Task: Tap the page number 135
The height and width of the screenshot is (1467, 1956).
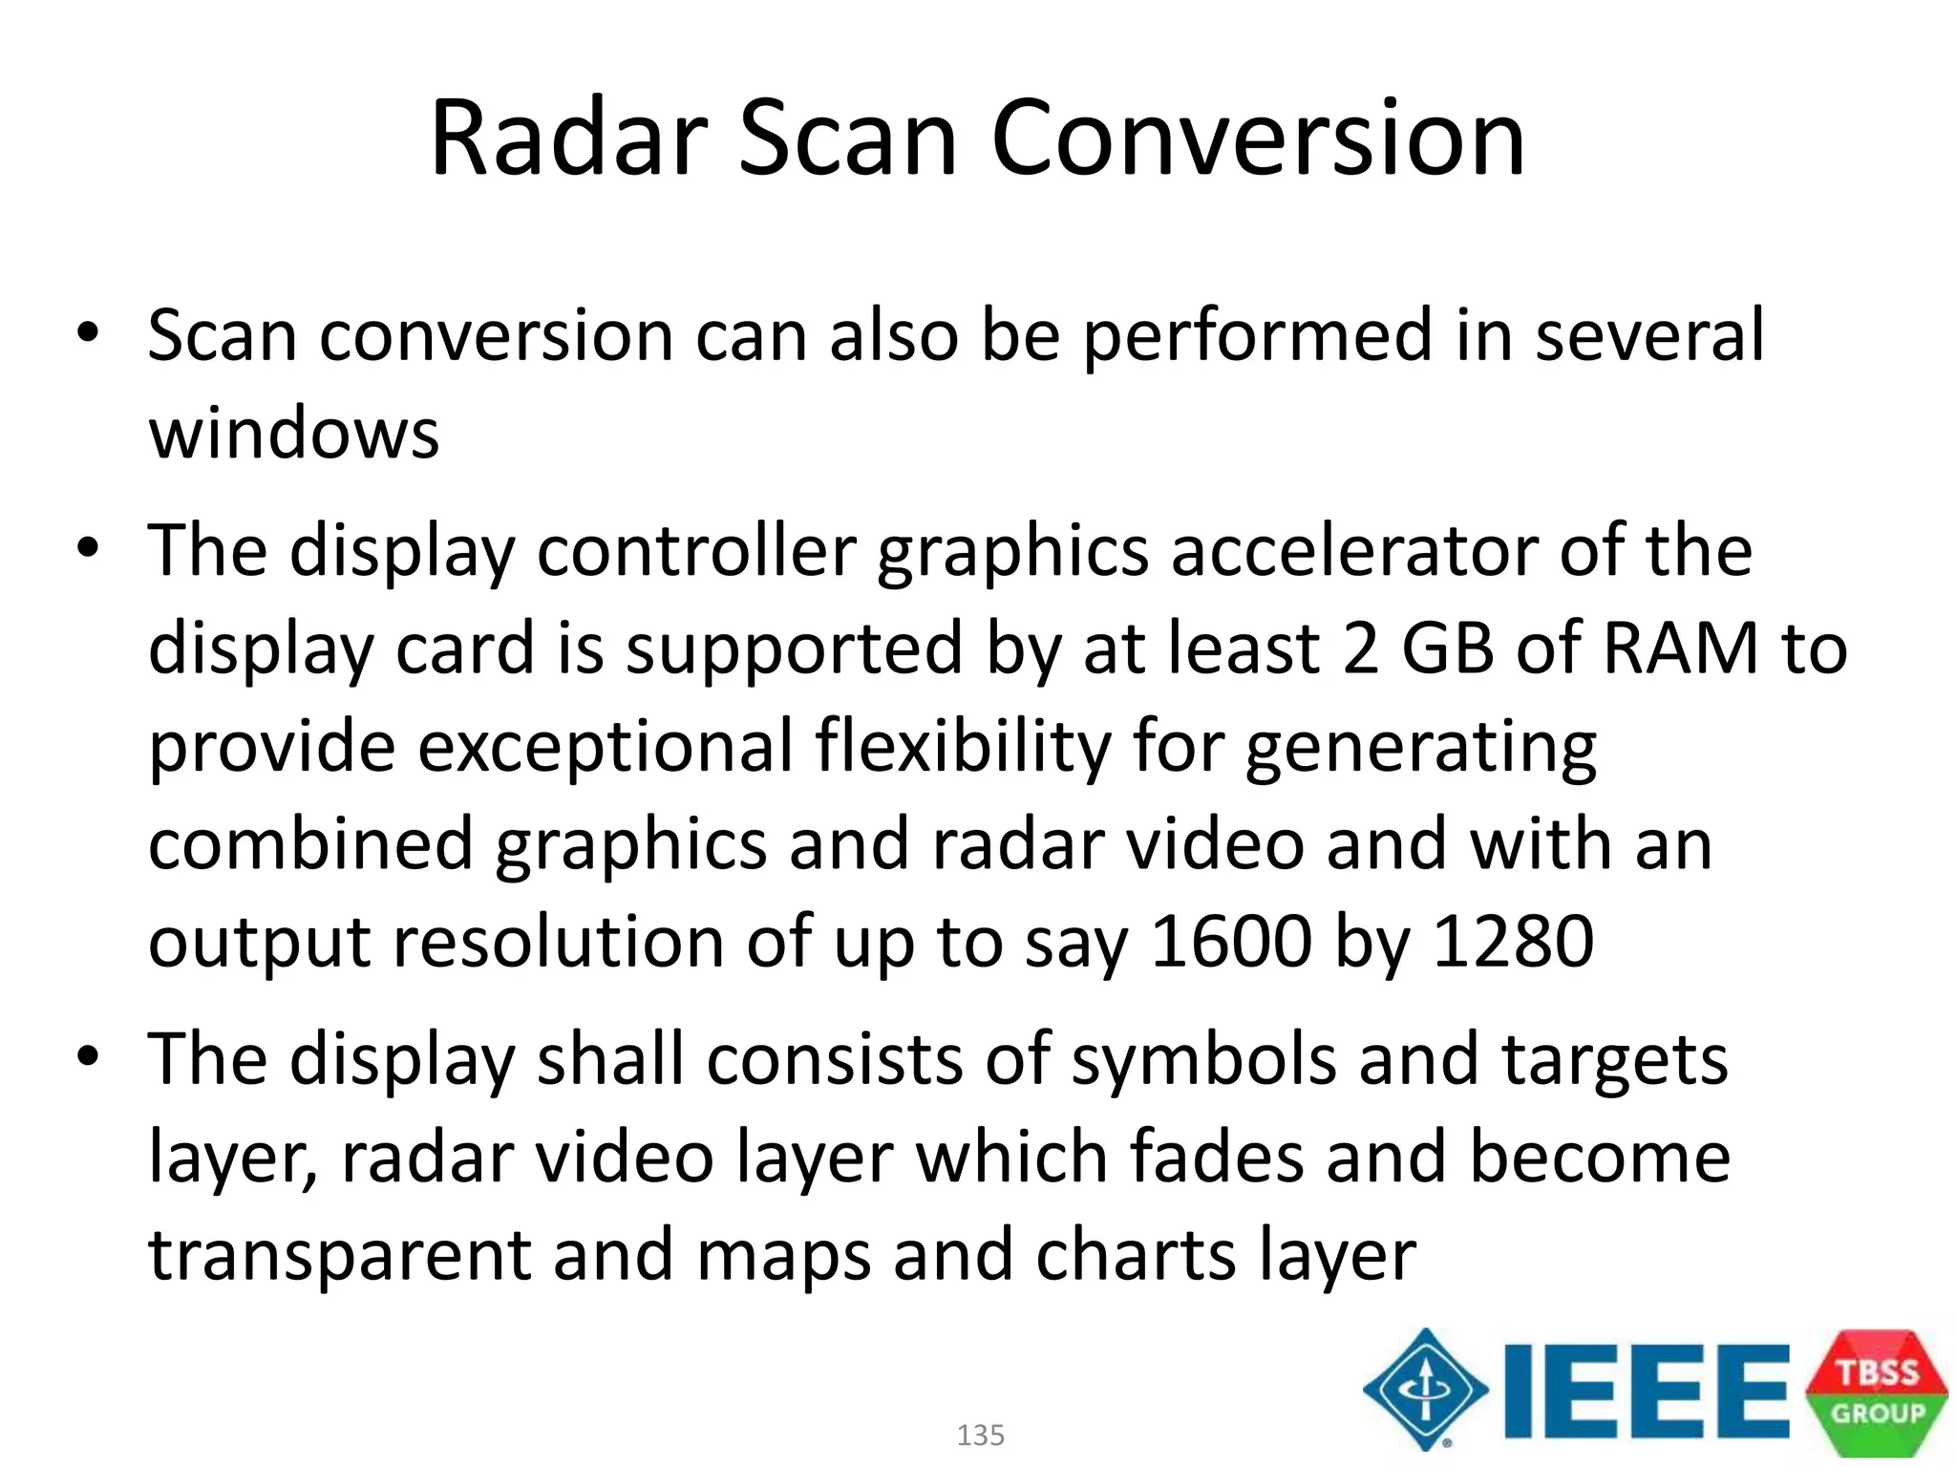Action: click(980, 1435)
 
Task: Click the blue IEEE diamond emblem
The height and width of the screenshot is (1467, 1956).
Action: click(1425, 1390)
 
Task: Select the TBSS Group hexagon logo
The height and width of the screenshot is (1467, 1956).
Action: click(1876, 1393)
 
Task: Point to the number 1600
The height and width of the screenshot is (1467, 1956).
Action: click(1231, 942)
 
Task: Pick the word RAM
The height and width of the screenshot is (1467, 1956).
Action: click(1681, 648)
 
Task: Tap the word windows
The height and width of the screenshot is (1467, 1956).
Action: click(294, 435)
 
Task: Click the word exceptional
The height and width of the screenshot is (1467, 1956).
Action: click(606, 746)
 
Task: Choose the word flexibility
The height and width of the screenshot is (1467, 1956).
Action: click(964, 746)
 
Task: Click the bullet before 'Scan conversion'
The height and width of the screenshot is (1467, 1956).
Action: click(89, 333)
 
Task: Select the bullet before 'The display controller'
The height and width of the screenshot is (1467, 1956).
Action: click(89, 549)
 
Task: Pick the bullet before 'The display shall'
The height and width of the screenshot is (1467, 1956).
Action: click(89, 1057)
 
